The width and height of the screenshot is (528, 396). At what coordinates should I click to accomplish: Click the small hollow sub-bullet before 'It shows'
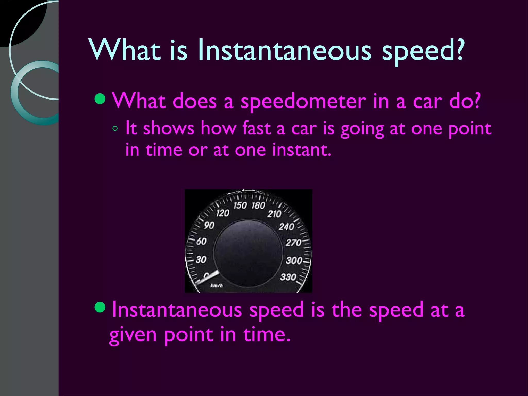pos(115,128)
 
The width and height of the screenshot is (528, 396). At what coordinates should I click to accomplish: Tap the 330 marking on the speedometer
pos(288,277)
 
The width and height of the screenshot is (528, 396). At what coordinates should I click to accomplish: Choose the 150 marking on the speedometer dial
pos(240,205)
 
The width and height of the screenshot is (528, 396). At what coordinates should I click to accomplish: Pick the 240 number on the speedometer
pos(286,227)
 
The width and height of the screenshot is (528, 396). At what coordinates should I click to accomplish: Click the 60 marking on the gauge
pos(201,242)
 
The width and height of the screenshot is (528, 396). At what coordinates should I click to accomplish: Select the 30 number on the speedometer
pos(201,259)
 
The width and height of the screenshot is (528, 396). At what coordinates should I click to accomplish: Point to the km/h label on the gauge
pos(217,285)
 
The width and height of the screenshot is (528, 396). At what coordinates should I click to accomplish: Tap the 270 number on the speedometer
pos(293,243)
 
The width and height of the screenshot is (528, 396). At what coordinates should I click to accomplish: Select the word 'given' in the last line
pos(133,335)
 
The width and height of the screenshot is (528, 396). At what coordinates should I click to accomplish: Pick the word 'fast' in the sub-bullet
pos(257,128)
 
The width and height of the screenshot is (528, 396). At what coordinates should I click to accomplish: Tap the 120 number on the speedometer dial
pos(223,213)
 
